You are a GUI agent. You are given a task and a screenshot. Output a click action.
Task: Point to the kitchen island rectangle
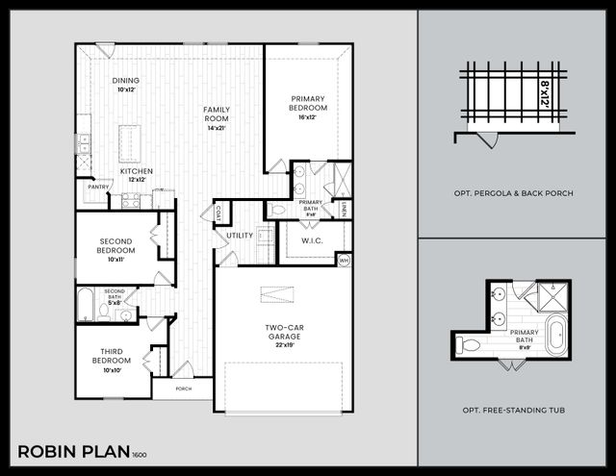click(129, 143)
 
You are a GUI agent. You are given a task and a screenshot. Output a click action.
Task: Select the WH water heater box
click(344, 260)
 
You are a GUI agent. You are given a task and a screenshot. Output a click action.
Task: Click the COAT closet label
click(218, 213)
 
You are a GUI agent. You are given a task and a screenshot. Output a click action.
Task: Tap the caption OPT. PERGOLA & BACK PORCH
click(514, 193)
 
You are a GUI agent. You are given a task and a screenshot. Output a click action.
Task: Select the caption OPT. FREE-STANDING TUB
click(514, 411)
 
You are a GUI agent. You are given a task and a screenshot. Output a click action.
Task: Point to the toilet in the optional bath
click(470, 342)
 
